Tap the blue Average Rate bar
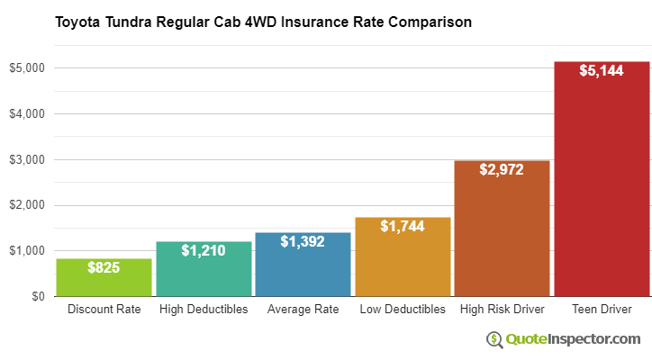pyautogui.click(x=303, y=265)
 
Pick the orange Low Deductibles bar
pyautogui.click(x=403, y=256)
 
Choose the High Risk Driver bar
pyautogui.click(x=502, y=229)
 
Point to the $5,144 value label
pyautogui.click(x=602, y=70)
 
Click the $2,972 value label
pyautogui.click(x=502, y=169)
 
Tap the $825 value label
pyautogui.click(x=104, y=267)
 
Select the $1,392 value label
pyautogui.click(x=303, y=241)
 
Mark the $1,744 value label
pyautogui.click(x=403, y=226)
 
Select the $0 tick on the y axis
pyautogui.click(x=39, y=296)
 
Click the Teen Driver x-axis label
pyautogui.click(x=602, y=310)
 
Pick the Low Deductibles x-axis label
pyautogui.click(x=403, y=310)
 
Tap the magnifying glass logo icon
pyautogui.click(x=494, y=339)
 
